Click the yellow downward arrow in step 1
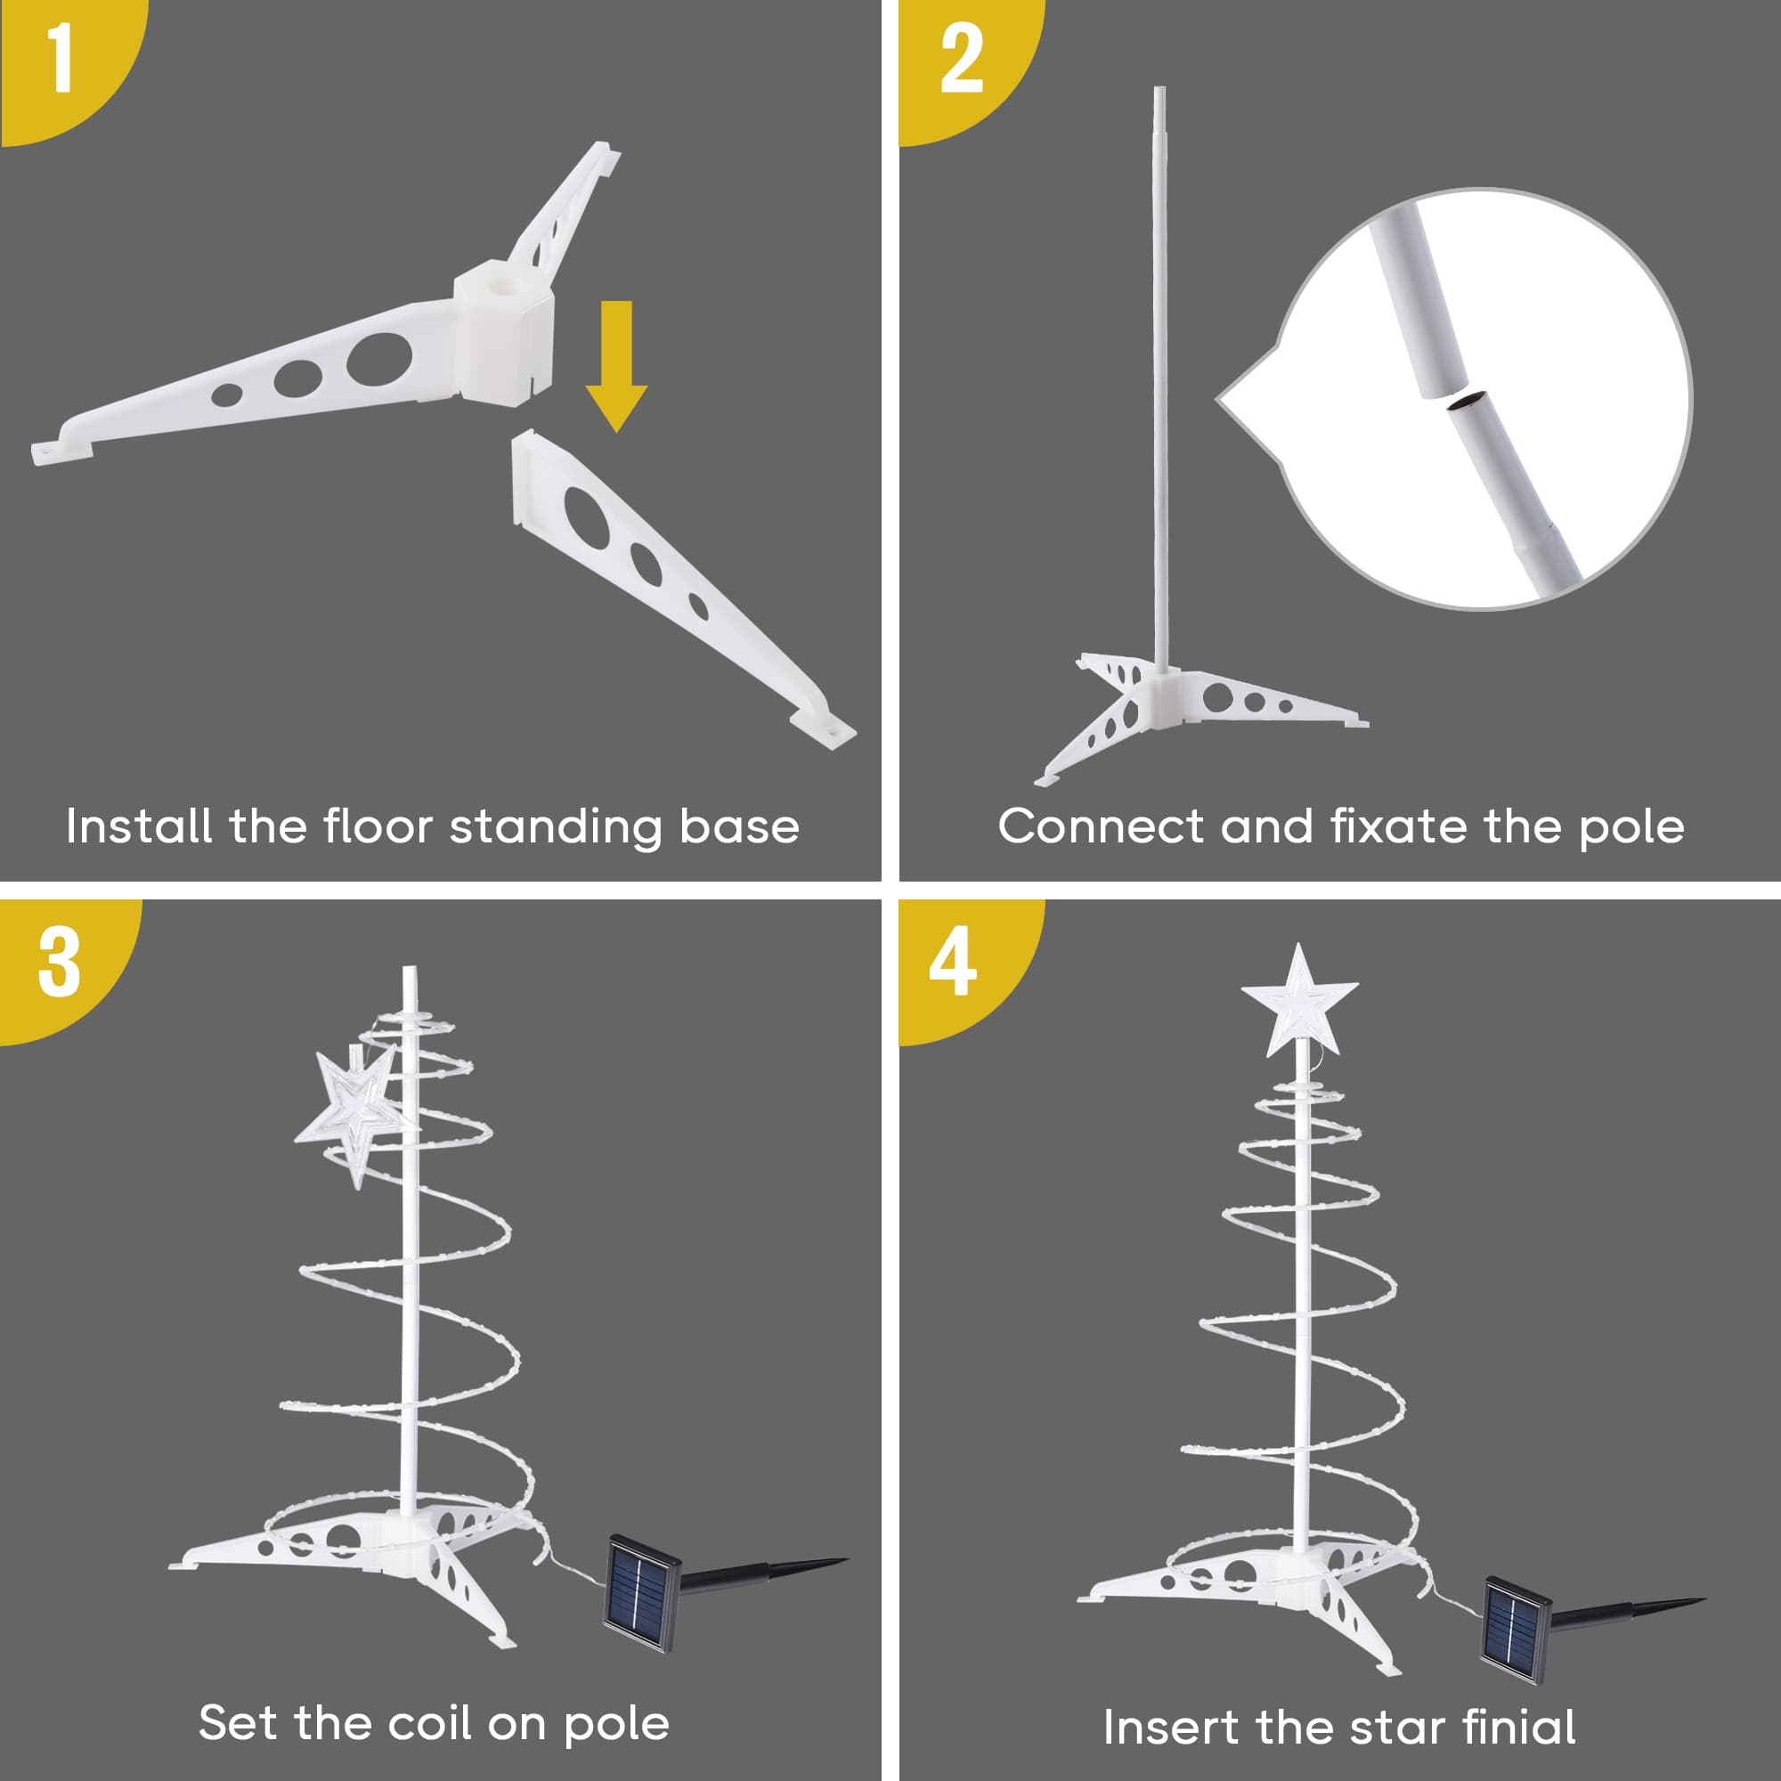click(x=616, y=366)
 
